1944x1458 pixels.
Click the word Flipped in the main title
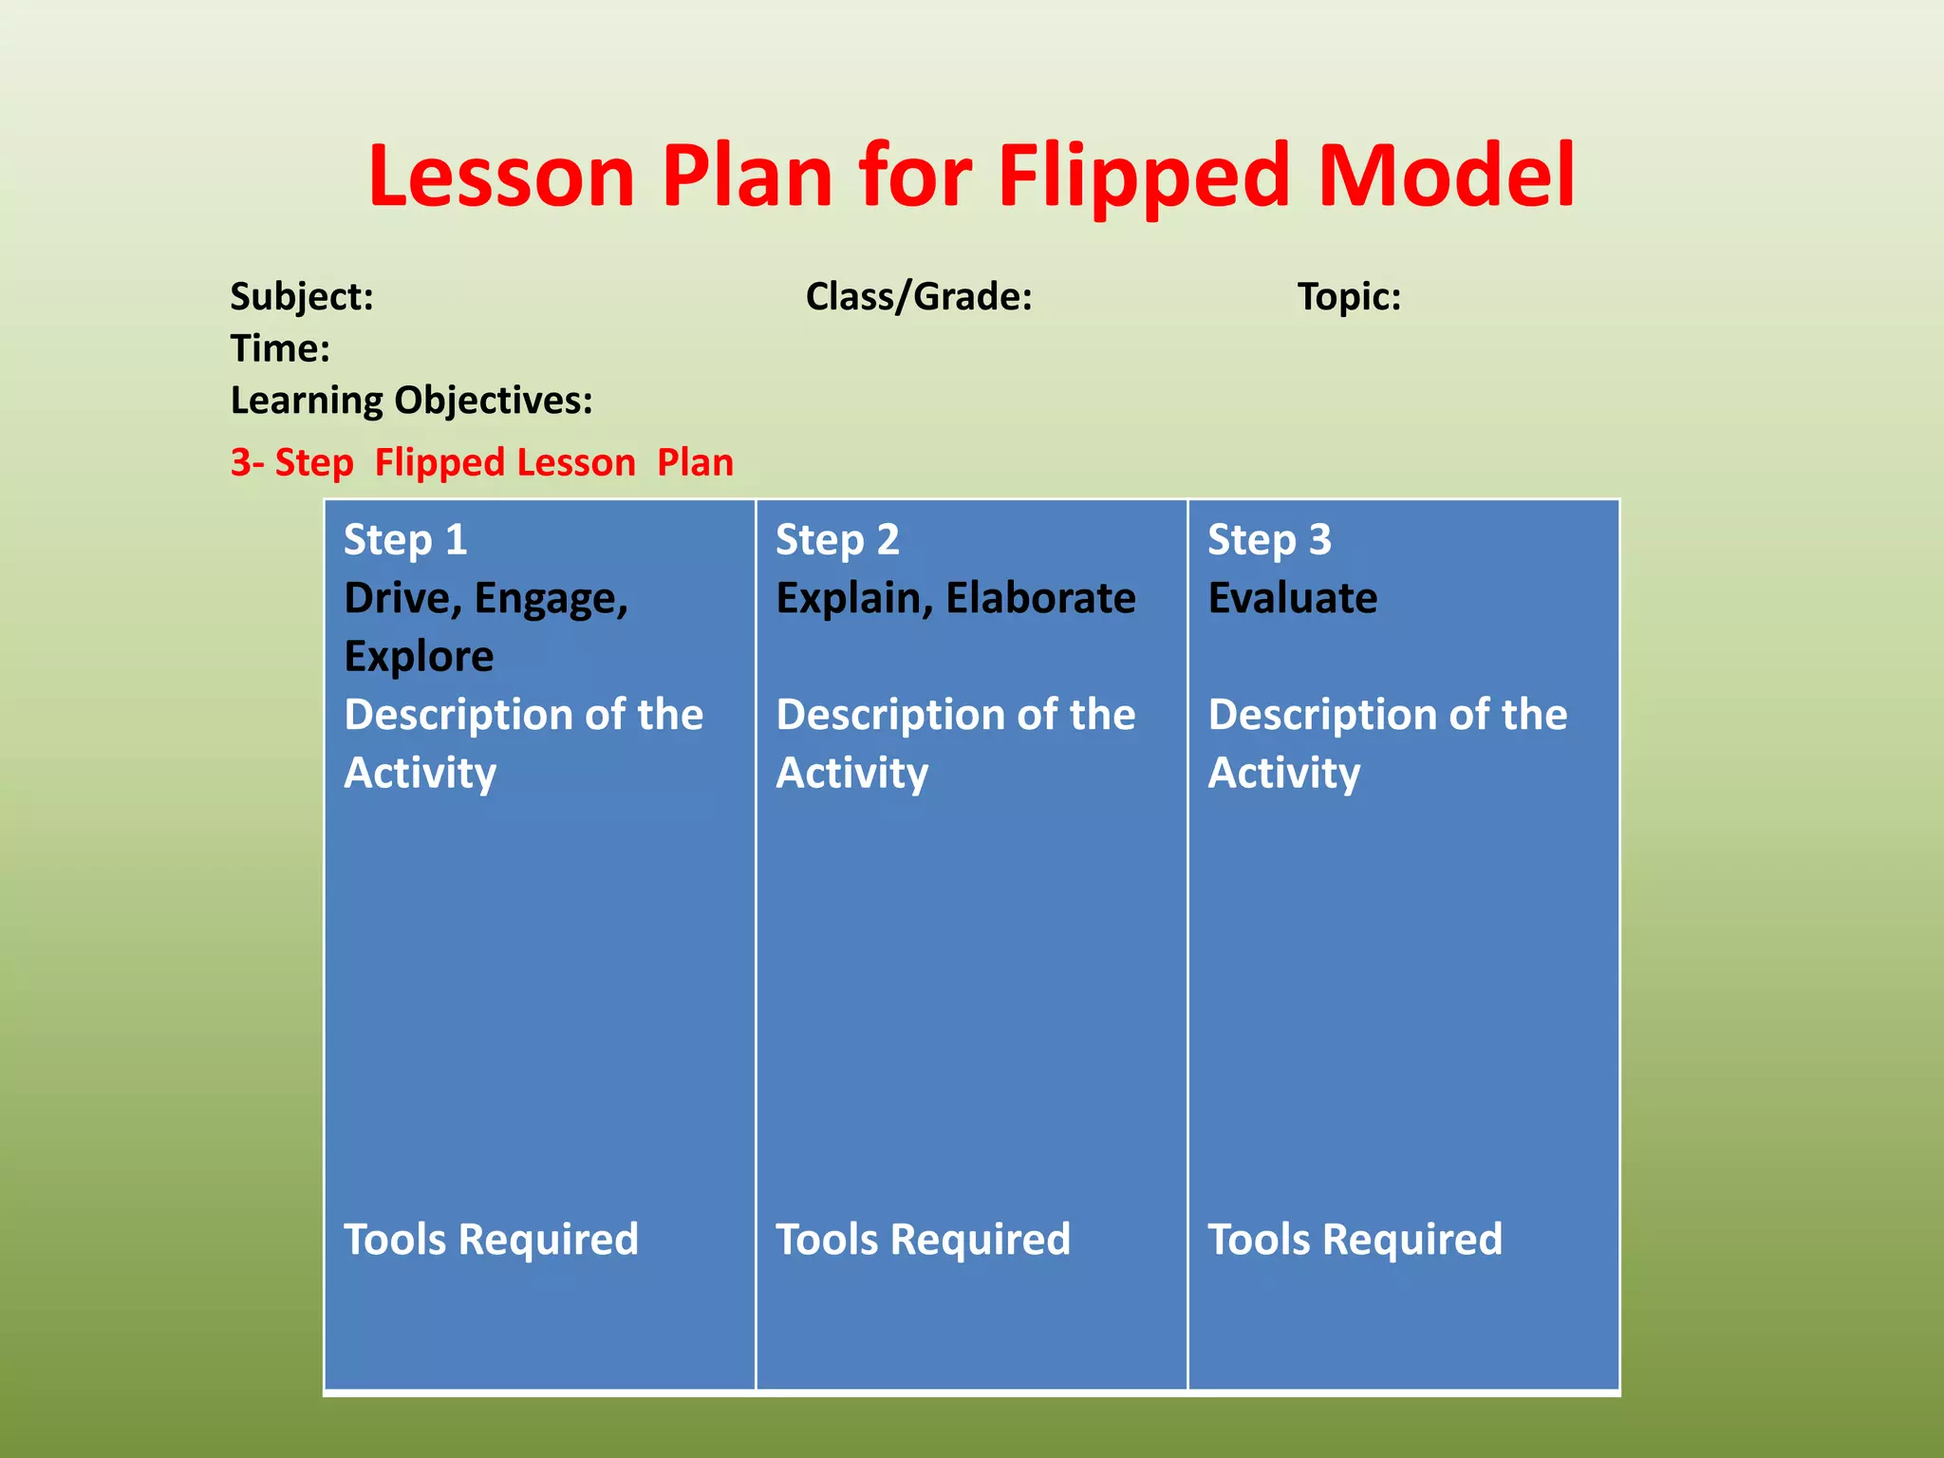(x=1143, y=177)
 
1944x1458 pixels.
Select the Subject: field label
(x=302, y=297)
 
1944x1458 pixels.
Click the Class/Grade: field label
(x=918, y=297)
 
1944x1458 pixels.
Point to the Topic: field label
(x=1349, y=297)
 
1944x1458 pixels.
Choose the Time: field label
(x=280, y=349)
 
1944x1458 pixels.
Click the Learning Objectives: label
(x=411, y=401)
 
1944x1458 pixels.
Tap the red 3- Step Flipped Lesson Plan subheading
(x=482, y=463)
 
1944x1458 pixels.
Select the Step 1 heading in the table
(x=405, y=540)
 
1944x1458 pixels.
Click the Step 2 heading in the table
(x=837, y=540)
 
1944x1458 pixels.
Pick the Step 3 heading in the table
(x=1269, y=540)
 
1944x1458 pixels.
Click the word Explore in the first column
(x=419, y=657)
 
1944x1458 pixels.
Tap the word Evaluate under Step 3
(x=1292, y=599)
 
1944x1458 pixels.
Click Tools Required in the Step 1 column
(x=491, y=1240)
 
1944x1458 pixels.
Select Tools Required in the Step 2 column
(x=923, y=1240)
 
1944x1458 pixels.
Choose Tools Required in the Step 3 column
(x=1355, y=1240)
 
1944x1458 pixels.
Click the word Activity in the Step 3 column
(x=1283, y=774)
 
